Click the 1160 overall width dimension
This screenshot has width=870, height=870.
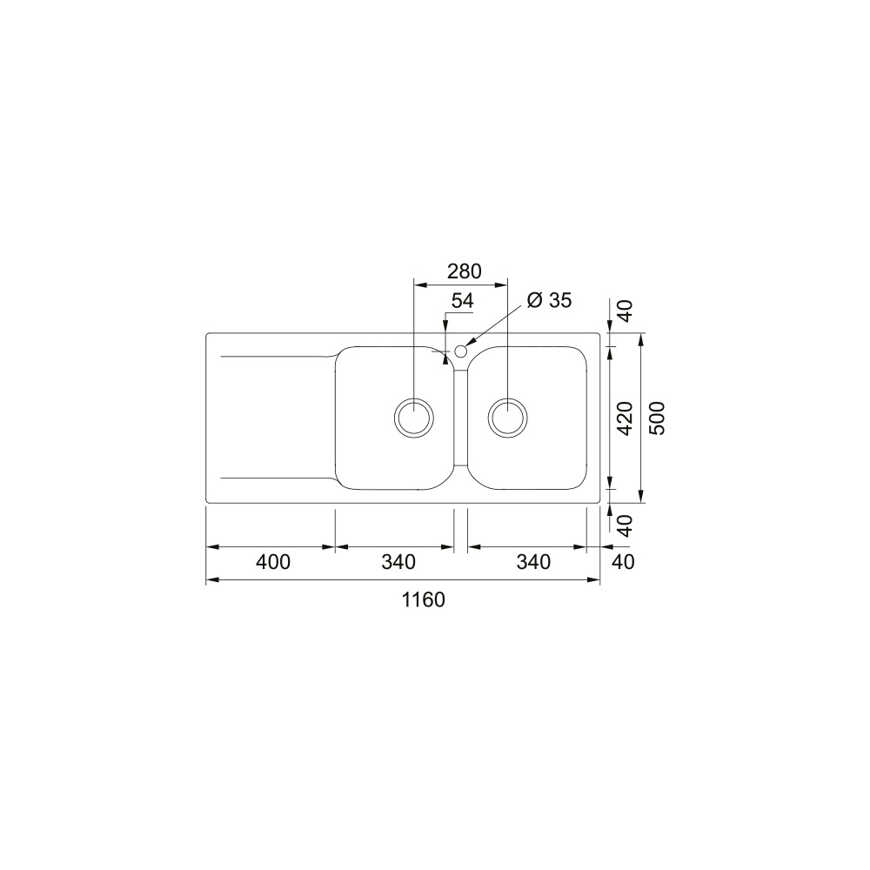coord(424,599)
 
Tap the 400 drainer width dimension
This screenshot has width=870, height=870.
coord(273,562)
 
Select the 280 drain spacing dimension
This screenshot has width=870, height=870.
coord(465,271)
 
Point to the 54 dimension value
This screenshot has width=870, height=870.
coord(462,301)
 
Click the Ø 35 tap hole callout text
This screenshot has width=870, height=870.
coord(549,300)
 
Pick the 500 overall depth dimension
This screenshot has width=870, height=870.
coord(657,418)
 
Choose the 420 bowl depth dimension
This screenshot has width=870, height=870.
coord(626,418)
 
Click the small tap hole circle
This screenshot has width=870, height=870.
coord(460,351)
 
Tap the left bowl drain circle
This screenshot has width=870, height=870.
coord(414,418)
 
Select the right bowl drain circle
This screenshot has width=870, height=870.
coord(508,418)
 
